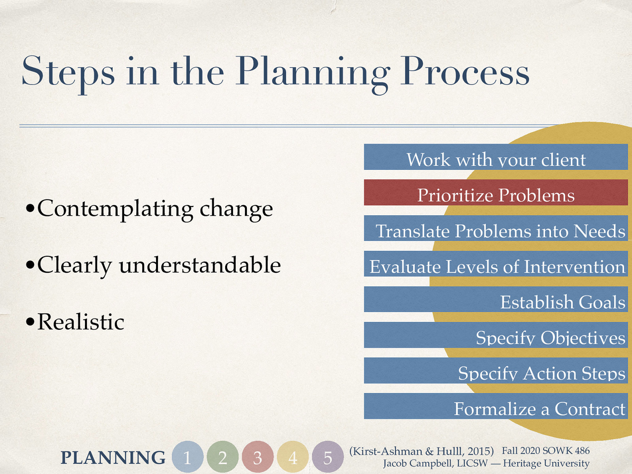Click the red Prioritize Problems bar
pos(496,193)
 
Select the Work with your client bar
pos(496,157)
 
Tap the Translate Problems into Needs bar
pos(496,228)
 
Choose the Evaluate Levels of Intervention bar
pos(496,264)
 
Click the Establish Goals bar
pos(496,299)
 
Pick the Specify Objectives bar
pos(496,335)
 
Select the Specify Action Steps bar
pos(496,371)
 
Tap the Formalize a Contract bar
pos(496,406)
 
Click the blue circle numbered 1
pos(188,457)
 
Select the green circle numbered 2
pos(223,457)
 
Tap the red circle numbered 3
pos(258,457)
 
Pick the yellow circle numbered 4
pos(293,457)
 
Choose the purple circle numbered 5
pos(328,457)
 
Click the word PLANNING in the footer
pos(113,458)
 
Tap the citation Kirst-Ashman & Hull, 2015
pos(421,451)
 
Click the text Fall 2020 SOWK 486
pos(545,451)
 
